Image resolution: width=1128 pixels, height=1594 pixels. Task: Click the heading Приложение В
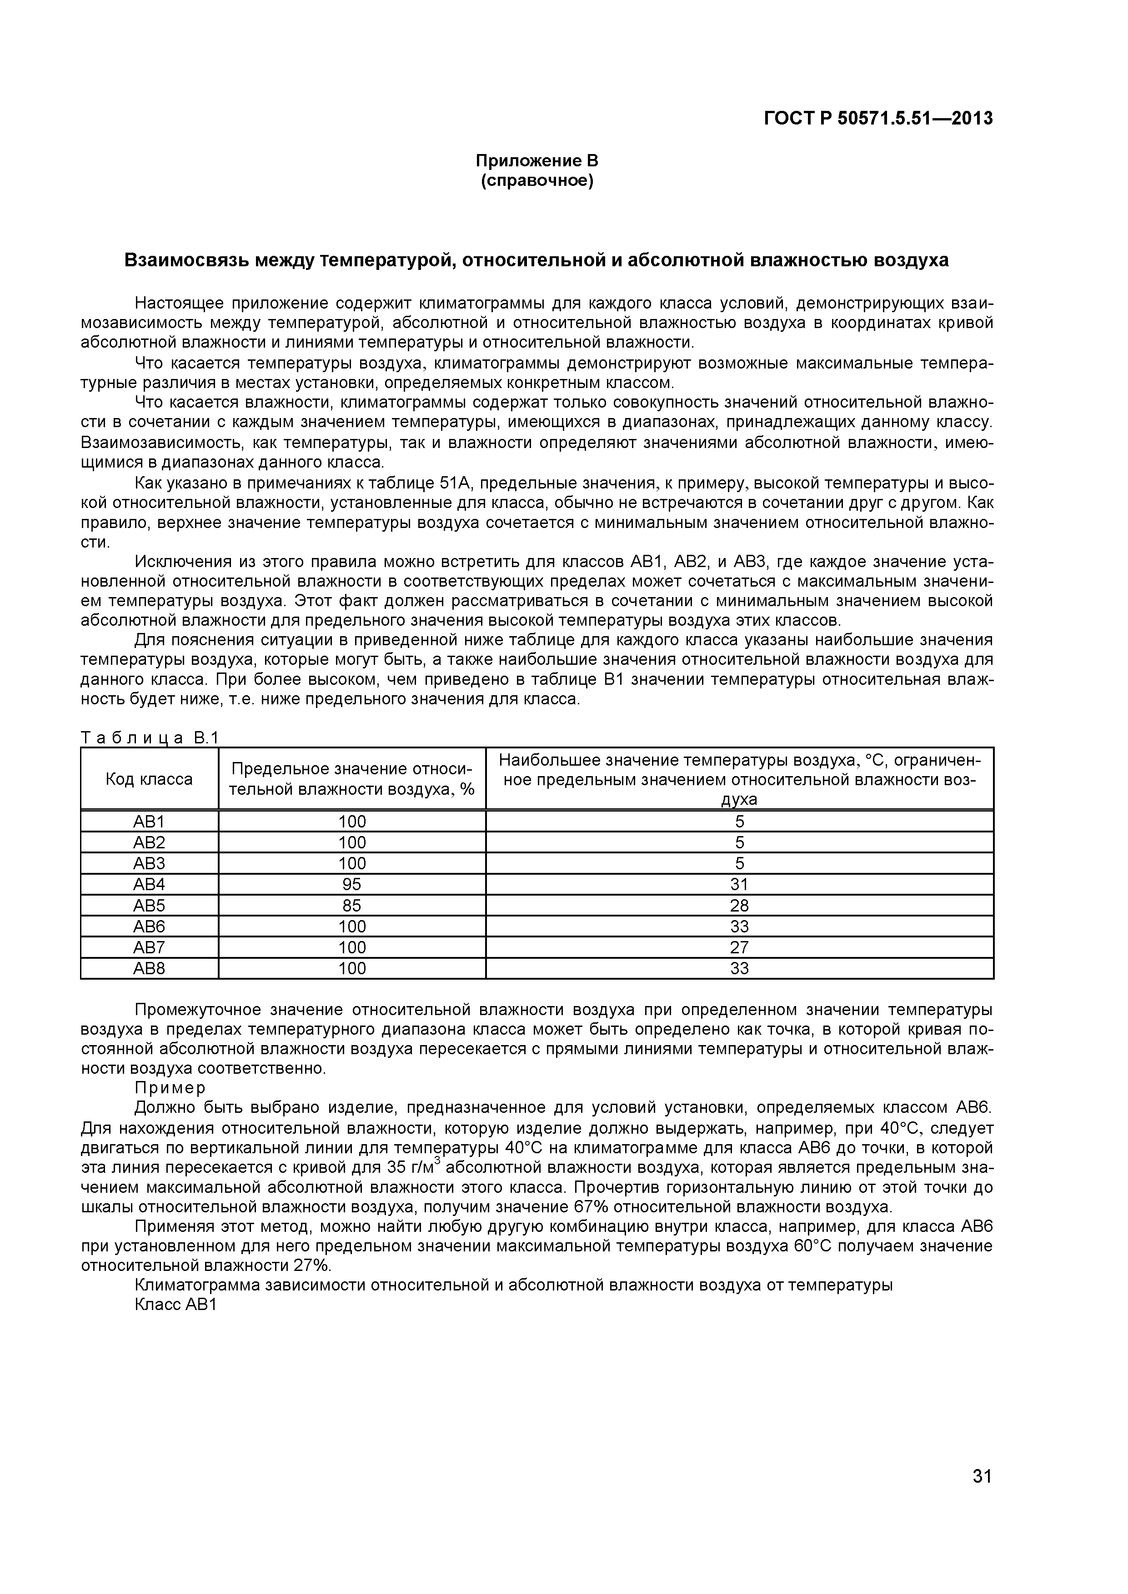[x=536, y=161]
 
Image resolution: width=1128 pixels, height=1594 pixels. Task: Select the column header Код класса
[x=149, y=779]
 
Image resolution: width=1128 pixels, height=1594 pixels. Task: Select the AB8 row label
[x=149, y=968]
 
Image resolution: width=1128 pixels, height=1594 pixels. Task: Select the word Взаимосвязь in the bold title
[x=185, y=260]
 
